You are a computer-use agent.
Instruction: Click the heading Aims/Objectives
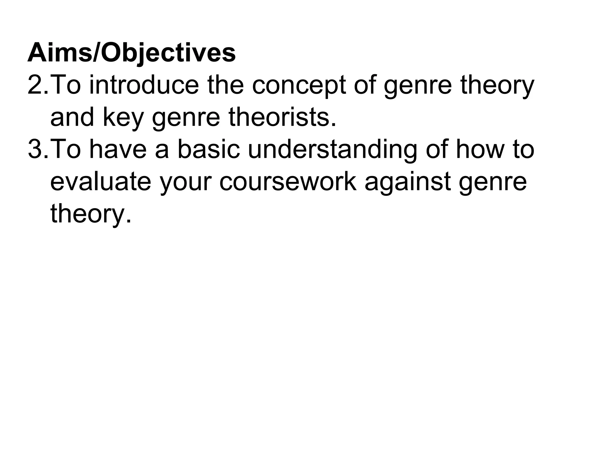(132, 53)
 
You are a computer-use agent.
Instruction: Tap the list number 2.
(37, 85)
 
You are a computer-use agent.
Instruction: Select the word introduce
(144, 85)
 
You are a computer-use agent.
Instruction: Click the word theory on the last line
(90, 214)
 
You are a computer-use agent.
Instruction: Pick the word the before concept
(225, 85)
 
